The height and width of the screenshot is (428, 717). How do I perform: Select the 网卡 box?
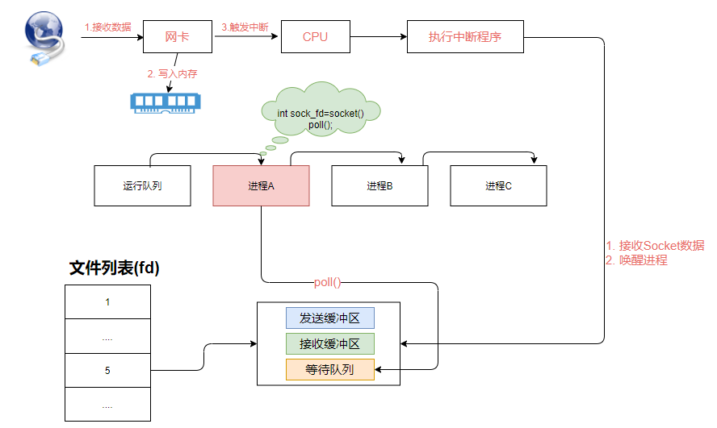pos(177,37)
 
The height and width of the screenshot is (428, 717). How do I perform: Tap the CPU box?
pos(315,37)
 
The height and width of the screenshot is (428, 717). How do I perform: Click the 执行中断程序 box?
pos(466,37)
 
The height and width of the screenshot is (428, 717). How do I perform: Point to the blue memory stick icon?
pos(166,101)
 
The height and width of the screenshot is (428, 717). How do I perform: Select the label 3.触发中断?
pos(246,27)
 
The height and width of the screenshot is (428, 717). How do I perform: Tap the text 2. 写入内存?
pos(172,73)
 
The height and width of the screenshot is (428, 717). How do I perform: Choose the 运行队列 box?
pos(143,186)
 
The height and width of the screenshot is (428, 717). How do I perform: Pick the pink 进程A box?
pos(261,186)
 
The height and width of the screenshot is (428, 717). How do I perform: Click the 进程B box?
pos(379,186)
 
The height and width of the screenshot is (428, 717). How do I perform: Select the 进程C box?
pos(498,186)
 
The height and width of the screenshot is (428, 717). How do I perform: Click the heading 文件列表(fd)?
pos(115,269)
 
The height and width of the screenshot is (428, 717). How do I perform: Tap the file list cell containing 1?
pos(107,302)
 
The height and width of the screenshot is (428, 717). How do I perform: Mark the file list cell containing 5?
pos(107,371)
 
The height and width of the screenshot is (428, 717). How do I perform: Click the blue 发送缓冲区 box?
pos(329,318)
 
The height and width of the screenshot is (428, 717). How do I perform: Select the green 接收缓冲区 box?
pos(329,344)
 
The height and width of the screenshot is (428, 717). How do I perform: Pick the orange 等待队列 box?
pos(329,370)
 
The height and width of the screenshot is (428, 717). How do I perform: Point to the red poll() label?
pos(329,284)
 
